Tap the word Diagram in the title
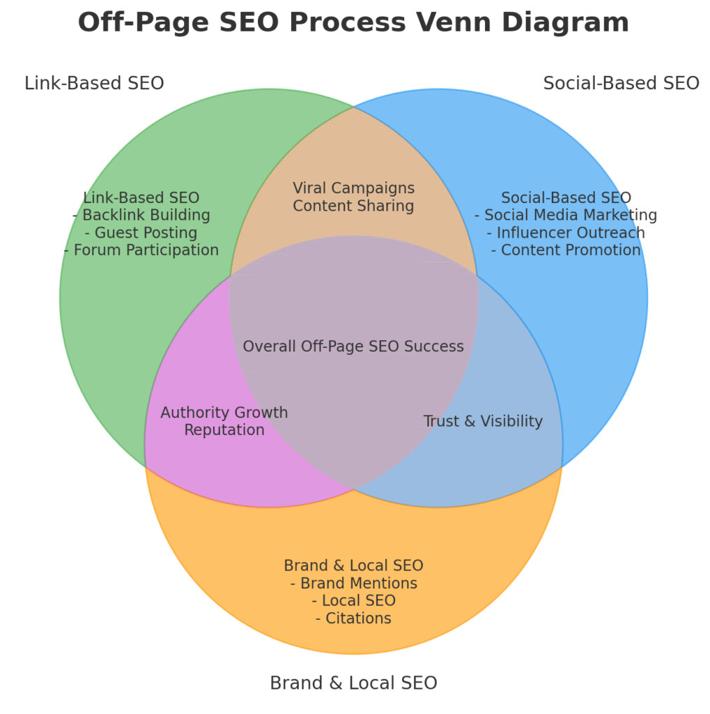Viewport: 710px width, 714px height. pyautogui.click(x=566, y=23)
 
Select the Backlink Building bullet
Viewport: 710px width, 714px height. pyautogui.click(x=141, y=215)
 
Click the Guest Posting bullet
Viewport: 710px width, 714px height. pyautogui.click(x=141, y=233)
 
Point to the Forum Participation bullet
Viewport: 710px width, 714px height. pyautogui.click(x=141, y=250)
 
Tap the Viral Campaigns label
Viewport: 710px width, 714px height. pyautogui.click(x=353, y=188)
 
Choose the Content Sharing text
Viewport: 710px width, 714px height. pyautogui.click(x=353, y=206)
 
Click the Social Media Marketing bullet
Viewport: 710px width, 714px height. pyautogui.click(x=566, y=215)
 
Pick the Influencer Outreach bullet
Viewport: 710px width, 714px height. pyautogui.click(x=566, y=233)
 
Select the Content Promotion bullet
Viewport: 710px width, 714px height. pyautogui.click(x=566, y=250)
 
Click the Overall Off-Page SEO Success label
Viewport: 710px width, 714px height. pyautogui.click(x=353, y=347)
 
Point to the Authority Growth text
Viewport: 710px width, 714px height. pyautogui.click(x=224, y=413)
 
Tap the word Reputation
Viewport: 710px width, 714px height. pyautogui.click(x=224, y=430)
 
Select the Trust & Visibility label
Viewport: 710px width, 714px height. pyautogui.click(x=483, y=421)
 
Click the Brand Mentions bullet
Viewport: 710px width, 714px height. pyautogui.click(x=353, y=584)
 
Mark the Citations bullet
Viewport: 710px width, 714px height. pyautogui.click(x=353, y=618)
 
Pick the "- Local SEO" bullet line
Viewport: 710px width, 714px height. pyautogui.click(x=353, y=601)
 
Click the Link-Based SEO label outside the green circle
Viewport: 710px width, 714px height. pyautogui.click(x=94, y=84)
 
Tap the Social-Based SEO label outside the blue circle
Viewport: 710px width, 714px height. pyautogui.click(x=621, y=84)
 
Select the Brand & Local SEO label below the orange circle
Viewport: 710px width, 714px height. pyautogui.click(x=353, y=683)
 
